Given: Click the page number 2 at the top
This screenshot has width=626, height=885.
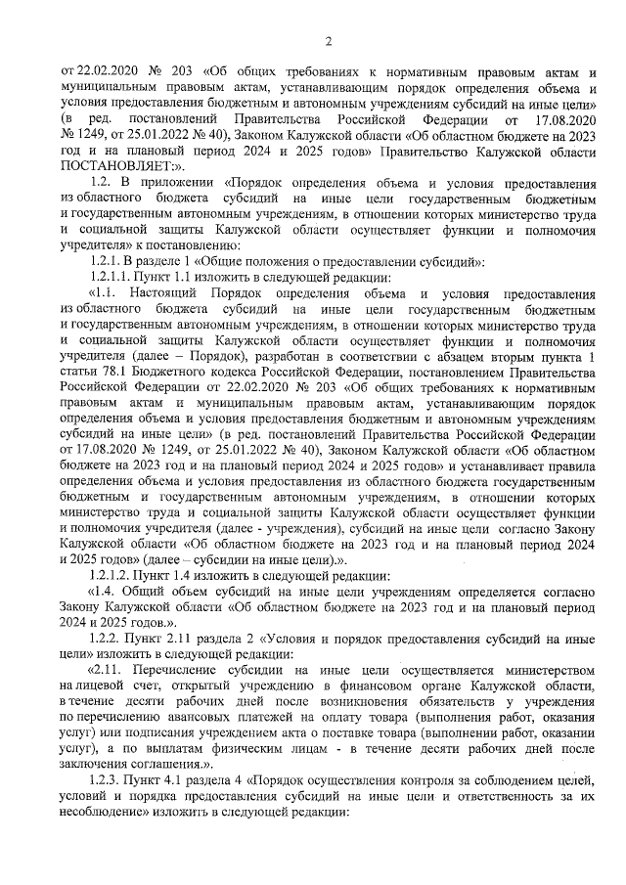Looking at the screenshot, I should pyautogui.click(x=329, y=40).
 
